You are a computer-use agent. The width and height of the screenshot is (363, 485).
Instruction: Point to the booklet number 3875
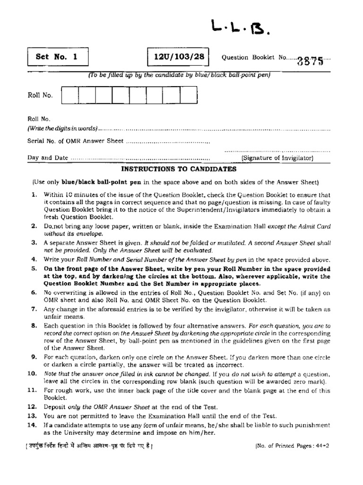[311, 60]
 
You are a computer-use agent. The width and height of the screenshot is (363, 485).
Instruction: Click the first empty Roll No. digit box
[70, 95]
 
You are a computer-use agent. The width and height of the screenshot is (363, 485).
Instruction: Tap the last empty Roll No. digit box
[188, 95]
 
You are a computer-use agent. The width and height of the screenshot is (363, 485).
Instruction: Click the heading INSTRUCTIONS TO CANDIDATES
[179, 169]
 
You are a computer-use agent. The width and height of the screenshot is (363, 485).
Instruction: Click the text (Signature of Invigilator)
[277, 158]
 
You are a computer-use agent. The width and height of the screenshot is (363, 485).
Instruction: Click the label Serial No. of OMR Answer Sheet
[76, 141]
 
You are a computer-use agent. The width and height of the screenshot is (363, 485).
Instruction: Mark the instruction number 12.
[33, 407]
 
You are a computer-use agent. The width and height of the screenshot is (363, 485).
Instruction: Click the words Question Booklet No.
[254, 57]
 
